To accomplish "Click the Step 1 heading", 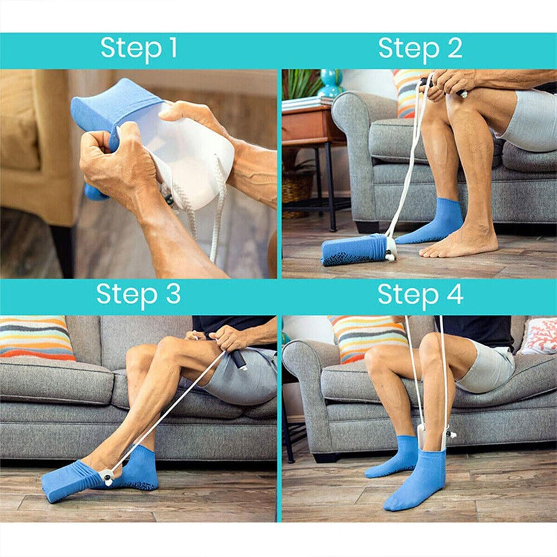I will [x=139, y=48].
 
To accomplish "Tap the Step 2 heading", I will [x=420, y=48].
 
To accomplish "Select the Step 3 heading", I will [x=138, y=294].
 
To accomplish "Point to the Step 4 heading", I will [x=420, y=294].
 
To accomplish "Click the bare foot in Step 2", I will [x=460, y=243].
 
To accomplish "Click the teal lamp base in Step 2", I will [x=331, y=84].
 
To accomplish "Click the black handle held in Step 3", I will [x=239, y=360].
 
